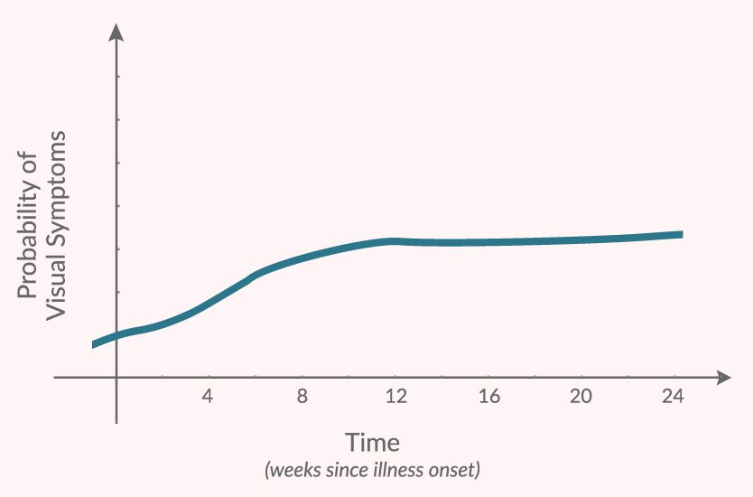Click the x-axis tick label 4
[208, 396]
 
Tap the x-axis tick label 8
[302, 396]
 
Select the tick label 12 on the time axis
[395, 396]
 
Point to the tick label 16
[488, 396]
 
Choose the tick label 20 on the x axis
[581, 396]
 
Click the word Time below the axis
[372, 444]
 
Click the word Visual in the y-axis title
[56, 286]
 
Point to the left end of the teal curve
[94, 344]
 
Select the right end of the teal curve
[680, 234]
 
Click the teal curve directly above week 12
[395, 240]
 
